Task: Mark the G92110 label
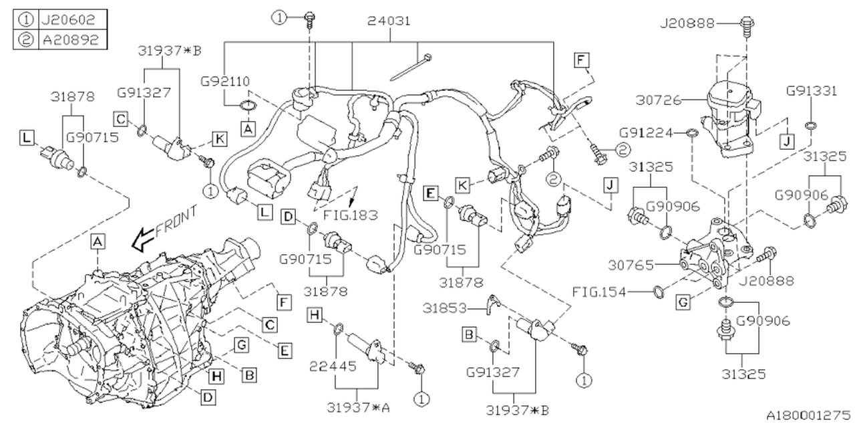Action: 226,82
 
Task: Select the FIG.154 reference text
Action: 599,291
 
